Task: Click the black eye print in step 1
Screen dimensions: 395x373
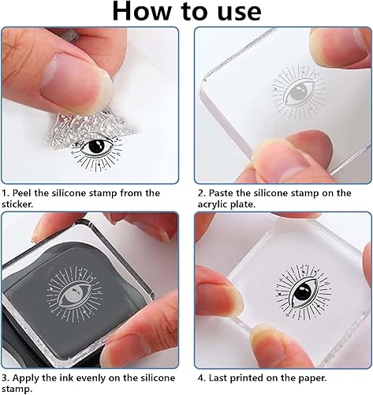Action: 99,149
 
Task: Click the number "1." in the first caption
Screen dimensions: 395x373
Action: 6,192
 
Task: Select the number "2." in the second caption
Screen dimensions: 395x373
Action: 200,192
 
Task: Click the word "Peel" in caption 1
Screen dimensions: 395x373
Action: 25,192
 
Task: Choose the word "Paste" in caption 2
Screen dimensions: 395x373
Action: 224,192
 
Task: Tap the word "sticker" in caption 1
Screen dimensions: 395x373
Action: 21,205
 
